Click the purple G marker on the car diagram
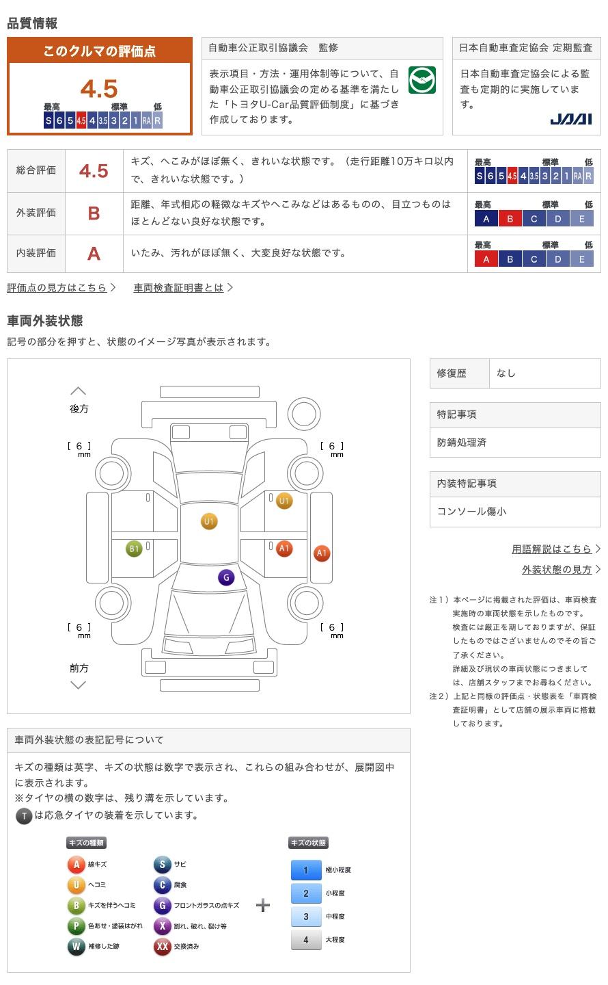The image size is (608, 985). [226, 577]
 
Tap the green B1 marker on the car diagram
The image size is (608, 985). [134, 549]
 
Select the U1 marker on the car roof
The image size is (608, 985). [209, 521]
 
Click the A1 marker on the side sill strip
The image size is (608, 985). [322, 553]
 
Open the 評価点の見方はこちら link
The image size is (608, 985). [57, 287]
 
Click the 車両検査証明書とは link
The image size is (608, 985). [178, 287]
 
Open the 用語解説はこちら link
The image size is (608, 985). [552, 549]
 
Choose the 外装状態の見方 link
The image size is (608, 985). [557, 569]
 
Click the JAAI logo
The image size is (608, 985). [571, 119]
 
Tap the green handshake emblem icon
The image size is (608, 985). [422, 80]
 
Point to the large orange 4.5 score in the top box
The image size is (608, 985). [99, 88]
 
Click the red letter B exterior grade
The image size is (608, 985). [94, 213]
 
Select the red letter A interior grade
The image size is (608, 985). [94, 254]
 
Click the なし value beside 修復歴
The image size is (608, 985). [506, 373]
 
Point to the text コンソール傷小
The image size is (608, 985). [471, 512]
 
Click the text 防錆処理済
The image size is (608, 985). [462, 443]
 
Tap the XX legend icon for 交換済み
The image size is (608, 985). [163, 946]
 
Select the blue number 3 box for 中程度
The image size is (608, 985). [306, 917]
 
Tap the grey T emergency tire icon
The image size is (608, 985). [24, 816]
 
